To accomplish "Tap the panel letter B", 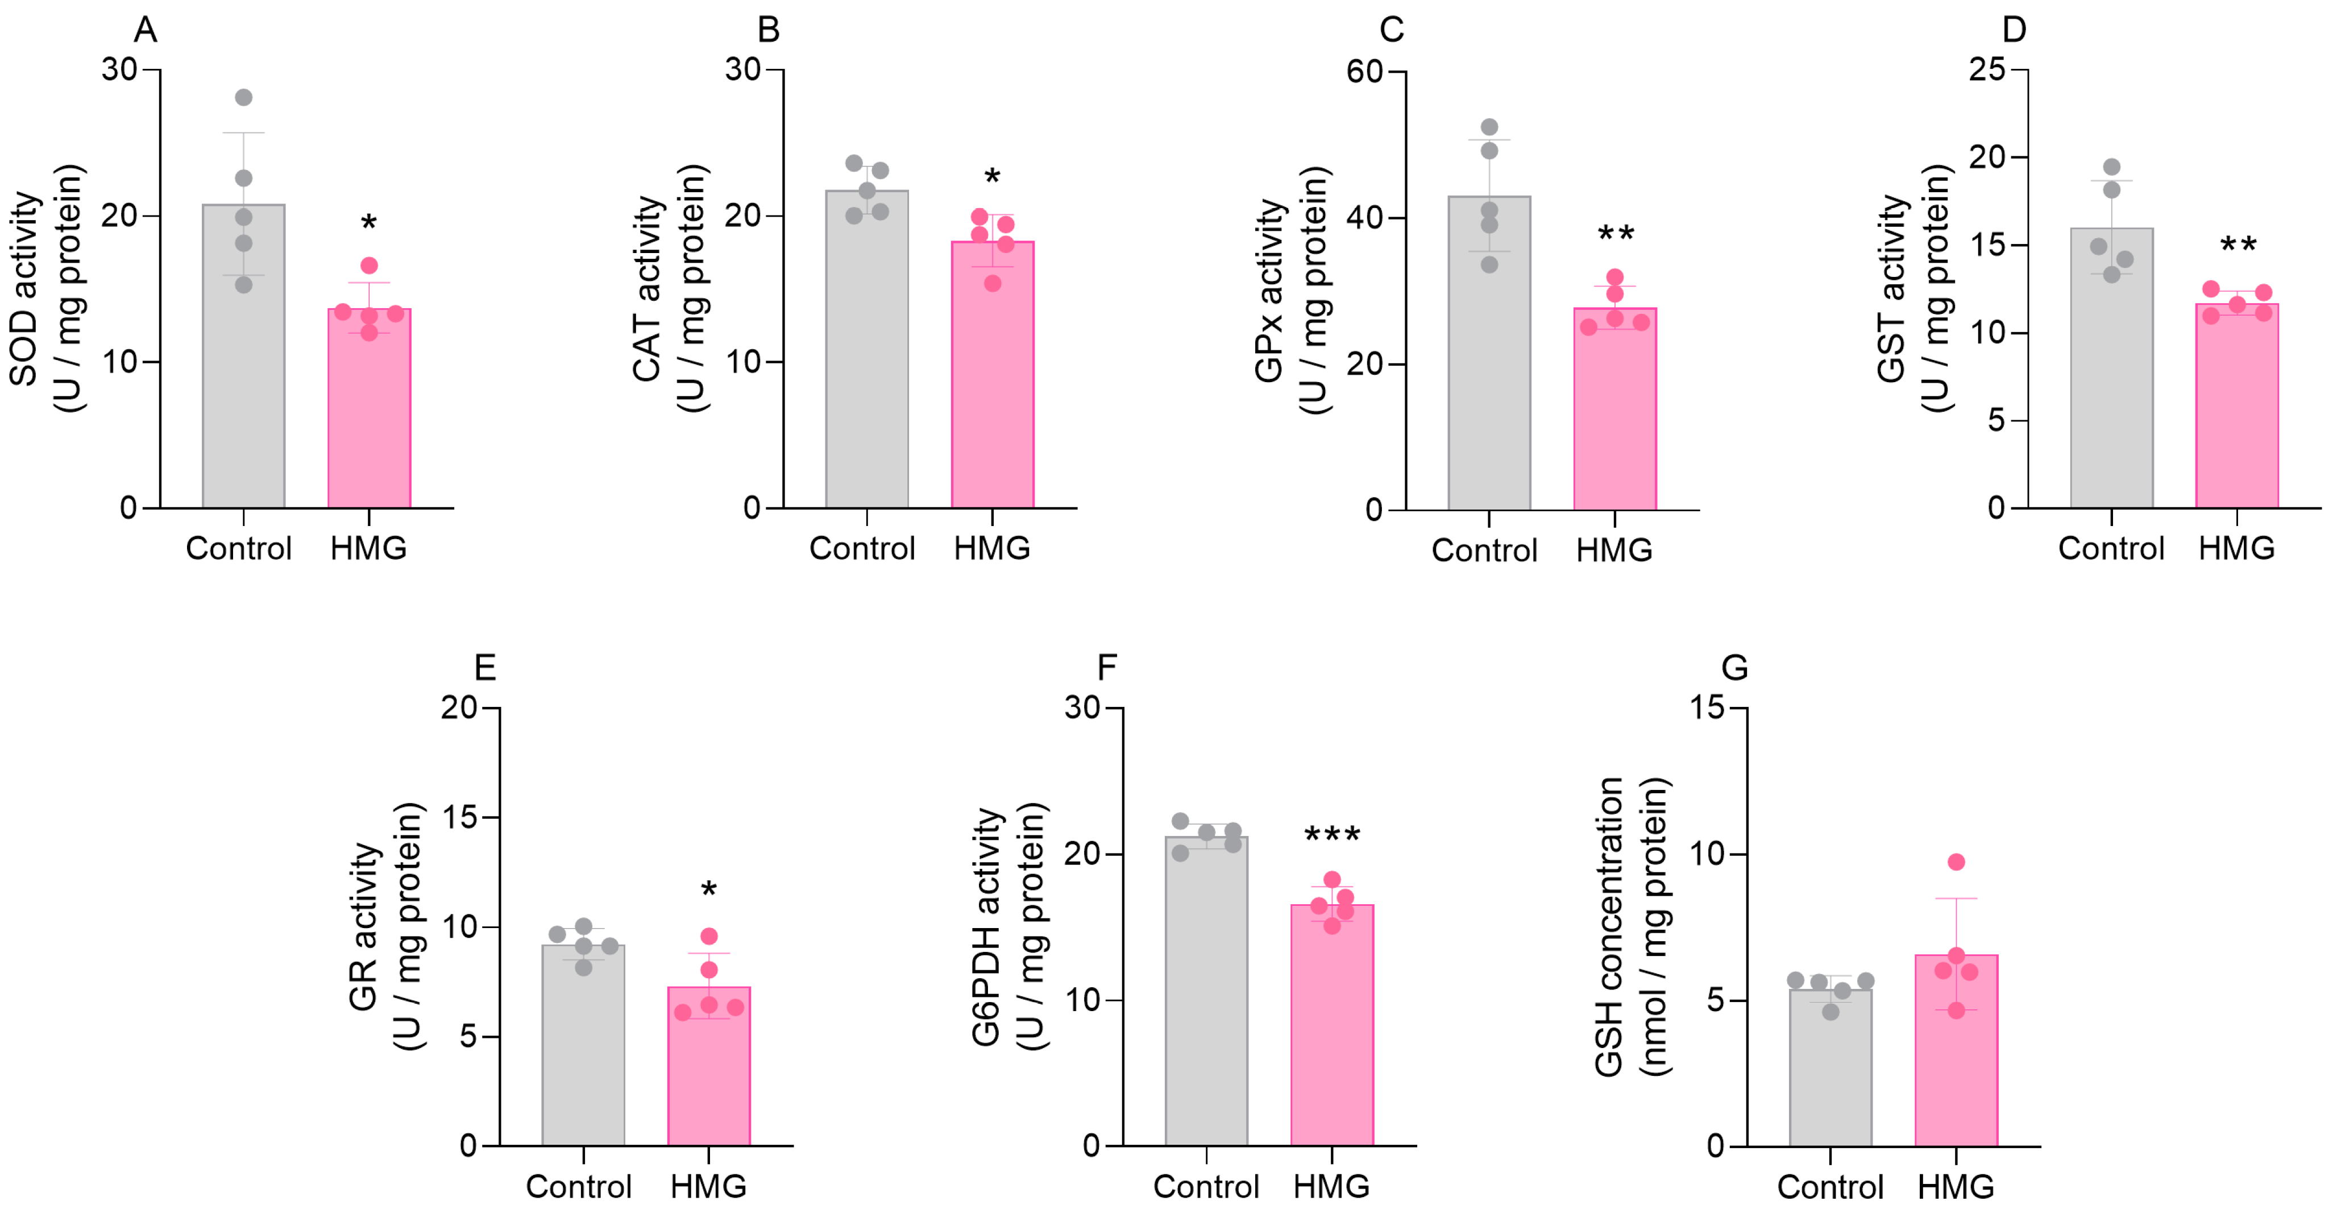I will click(x=769, y=30).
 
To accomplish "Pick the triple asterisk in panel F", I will click(x=1332, y=834).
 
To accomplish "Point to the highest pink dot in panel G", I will click(x=1956, y=862).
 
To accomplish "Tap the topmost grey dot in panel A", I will click(x=243, y=97).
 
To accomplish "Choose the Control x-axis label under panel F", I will click(x=1206, y=1186).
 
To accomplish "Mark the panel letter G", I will click(x=1734, y=668).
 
